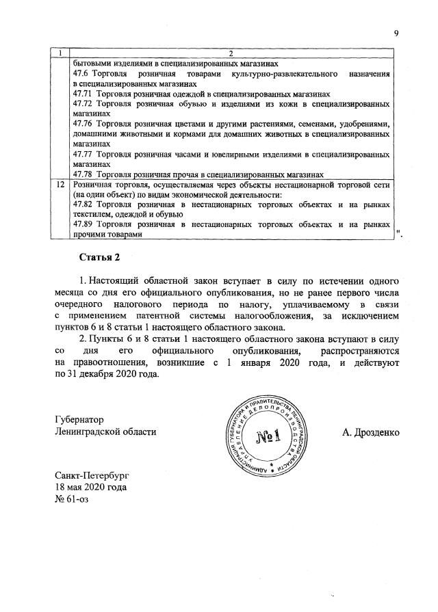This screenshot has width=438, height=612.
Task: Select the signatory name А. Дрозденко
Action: coord(371,432)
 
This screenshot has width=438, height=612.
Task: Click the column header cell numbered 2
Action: coord(231,53)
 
